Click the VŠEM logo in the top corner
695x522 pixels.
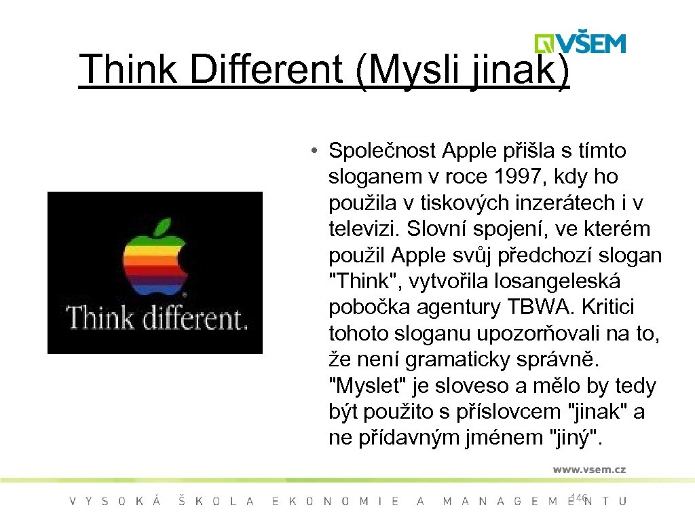coord(580,42)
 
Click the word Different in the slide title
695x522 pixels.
coord(267,69)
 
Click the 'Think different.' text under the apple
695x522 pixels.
coord(155,317)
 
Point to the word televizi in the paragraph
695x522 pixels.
coord(364,229)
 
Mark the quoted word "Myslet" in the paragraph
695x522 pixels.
coord(363,386)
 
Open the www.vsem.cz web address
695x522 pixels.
coord(588,469)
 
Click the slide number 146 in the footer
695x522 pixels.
coord(580,498)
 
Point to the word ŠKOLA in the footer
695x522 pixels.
coord(216,502)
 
